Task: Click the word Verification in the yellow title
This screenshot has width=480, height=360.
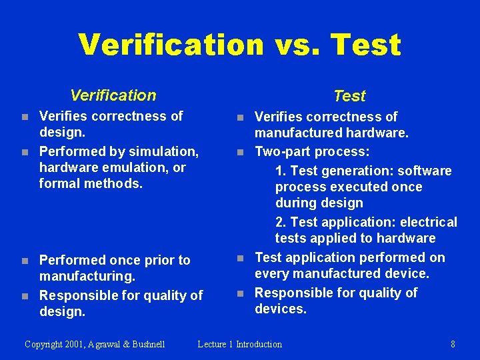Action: tap(171, 45)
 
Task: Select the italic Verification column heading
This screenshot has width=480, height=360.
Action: tap(113, 95)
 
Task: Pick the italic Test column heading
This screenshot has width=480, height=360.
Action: tap(349, 96)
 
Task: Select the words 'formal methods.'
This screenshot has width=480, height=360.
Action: tap(91, 183)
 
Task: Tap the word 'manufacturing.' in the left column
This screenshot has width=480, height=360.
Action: tap(87, 276)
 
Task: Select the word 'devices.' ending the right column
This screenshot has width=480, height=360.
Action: tap(281, 309)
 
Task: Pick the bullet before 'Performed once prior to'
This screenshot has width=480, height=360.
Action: tap(25, 261)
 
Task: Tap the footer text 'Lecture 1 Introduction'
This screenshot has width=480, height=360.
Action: tap(240, 344)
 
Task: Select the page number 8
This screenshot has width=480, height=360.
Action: tap(453, 344)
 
